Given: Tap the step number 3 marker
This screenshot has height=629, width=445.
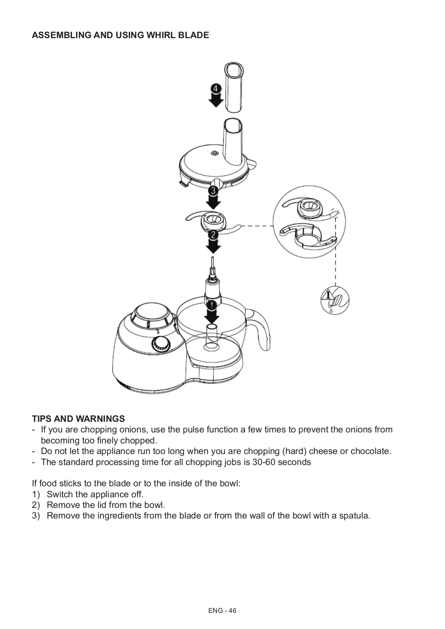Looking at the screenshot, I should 213,191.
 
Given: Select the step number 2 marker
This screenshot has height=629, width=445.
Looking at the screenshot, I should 213,235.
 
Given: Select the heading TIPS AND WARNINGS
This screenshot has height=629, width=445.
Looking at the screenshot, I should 78,419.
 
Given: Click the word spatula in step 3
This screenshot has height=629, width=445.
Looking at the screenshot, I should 354,515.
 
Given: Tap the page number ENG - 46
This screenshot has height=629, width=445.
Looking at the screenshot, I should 222,611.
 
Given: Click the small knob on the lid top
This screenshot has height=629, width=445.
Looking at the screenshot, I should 215,153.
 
